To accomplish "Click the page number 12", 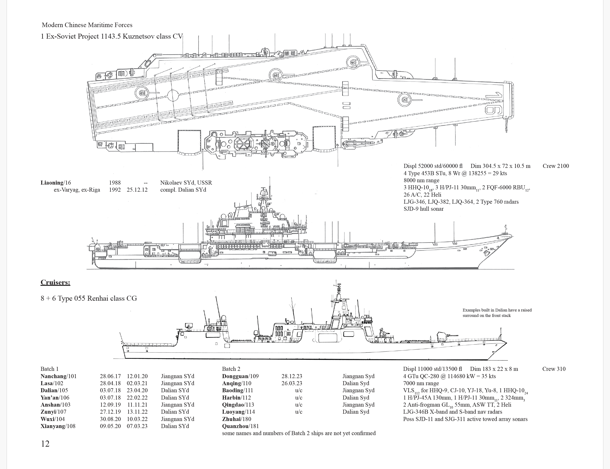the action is click(x=45, y=444).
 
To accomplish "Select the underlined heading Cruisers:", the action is click(x=55, y=282).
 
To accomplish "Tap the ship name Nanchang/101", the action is click(x=58, y=376).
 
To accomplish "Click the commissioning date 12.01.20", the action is click(x=137, y=376).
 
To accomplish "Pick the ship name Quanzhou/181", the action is click(x=240, y=426).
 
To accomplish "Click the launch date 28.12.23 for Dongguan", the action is click(x=292, y=376).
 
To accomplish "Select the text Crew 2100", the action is click(x=556, y=166).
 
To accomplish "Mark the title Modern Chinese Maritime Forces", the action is click(x=87, y=25).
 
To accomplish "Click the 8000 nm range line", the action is click(x=421, y=180).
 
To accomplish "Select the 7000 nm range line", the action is click(x=421, y=383).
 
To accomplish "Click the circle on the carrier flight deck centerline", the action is click(x=173, y=95).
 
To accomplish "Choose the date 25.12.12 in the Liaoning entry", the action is click(x=137, y=190).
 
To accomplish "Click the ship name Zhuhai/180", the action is click(x=237, y=419).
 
